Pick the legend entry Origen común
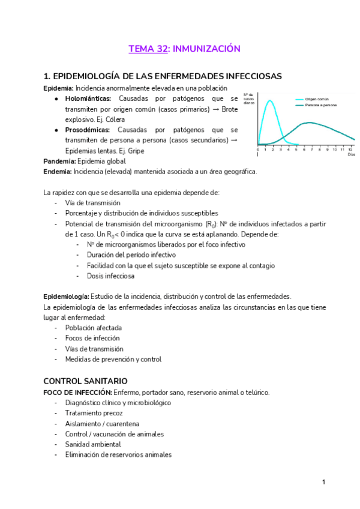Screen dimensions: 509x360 click(x=316, y=99)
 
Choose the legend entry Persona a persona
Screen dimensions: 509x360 click(x=320, y=105)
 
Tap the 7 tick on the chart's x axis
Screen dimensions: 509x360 click(x=312, y=149)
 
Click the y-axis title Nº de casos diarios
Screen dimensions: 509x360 click(x=250, y=99)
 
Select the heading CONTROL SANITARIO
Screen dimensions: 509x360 click(x=85, y=381)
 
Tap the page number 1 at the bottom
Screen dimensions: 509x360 click(x=323, y=482)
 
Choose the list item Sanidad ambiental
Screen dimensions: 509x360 click(x=93, y=444)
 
